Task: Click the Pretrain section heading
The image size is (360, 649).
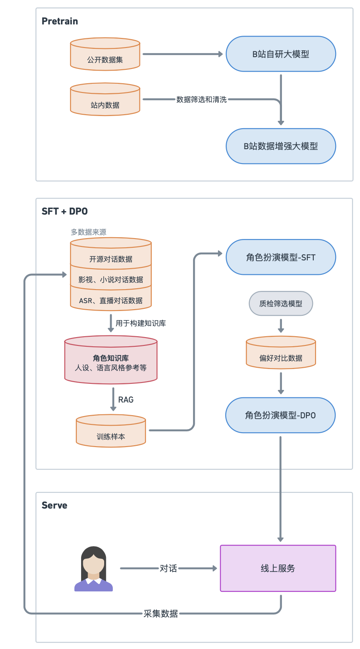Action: (x=60, y=21)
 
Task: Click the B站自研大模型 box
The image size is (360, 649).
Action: (x=281, y=54)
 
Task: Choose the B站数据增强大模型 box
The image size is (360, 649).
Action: (x=281, y=146)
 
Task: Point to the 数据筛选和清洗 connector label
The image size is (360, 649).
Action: (x=201, y=99)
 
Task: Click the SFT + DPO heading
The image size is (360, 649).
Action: (x=65, y=212)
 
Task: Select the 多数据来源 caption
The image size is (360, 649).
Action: (x=88, y=232)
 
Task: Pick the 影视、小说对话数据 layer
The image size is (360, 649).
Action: (x=111, y=280)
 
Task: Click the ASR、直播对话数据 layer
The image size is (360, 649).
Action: (x=111, y=301)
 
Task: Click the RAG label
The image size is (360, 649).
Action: (x=126, y=400)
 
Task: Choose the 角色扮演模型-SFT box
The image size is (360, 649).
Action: (x=281, y=257)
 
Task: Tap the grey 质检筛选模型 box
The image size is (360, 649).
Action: (x=281, y=304)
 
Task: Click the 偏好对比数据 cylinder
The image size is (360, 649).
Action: (x=281, y=354)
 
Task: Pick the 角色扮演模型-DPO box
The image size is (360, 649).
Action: (x=280, y=415)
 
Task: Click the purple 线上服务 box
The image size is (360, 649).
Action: (x=278, y=568)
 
